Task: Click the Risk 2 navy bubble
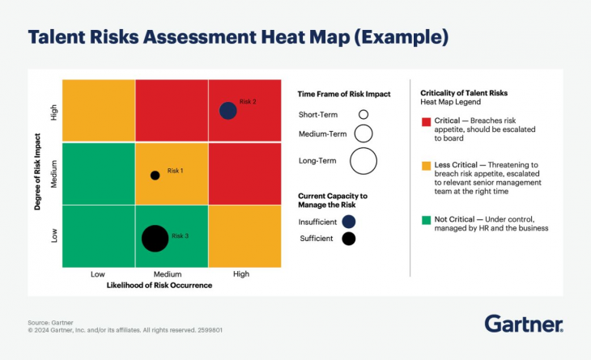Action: (228, 111)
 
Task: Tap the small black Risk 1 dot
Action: (155, 175)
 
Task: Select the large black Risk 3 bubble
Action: (155, 238)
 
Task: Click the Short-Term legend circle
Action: (364, 114)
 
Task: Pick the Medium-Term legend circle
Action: (364, 133)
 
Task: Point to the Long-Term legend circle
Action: (364, 161)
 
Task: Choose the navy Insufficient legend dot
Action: (348, 221)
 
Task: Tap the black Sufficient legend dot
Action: (348, 238)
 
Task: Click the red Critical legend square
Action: (425, 121)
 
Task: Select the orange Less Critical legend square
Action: (425, 165)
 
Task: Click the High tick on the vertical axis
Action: (54, 112)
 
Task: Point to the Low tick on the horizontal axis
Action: (98, 274)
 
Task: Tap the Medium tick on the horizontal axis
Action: (167, 274)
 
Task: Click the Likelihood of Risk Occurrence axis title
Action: (159, 286)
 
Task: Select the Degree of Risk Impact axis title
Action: (38, 173)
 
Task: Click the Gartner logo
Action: (524, 324)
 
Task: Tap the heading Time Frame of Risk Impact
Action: (344, 95)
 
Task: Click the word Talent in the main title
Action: (56, 37)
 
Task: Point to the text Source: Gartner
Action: (50, 323)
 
